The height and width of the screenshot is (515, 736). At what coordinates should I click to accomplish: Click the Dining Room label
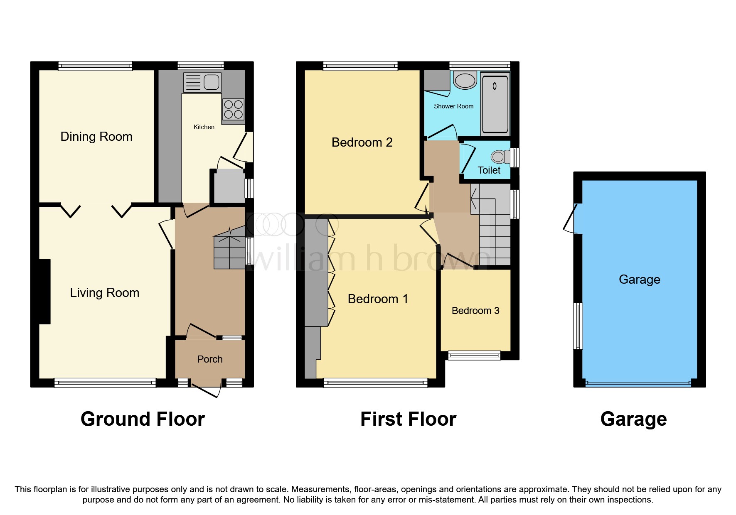pyautogui.click(x=96, y=137)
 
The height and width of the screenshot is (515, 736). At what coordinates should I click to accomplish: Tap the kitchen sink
pyautogui.click(x=202, y=82)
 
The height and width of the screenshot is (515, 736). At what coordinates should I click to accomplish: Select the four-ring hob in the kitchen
pyautogui.click(x=233, y=109)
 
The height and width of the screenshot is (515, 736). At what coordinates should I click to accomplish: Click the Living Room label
pyautogui.click(x=104, y=293)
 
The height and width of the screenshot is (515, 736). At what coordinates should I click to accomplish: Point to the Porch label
pyautogui.click(x=210, y=359)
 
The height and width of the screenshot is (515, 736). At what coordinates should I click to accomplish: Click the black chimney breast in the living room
pyautogui.click(x=44, y=292)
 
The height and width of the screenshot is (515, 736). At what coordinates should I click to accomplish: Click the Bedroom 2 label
pyautogui.click(x=362, y=142)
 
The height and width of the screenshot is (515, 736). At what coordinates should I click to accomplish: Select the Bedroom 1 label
pyautogui.click(x=378, y=299)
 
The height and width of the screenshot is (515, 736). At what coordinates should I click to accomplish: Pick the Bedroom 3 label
pyautogui.click(x=475, y=311)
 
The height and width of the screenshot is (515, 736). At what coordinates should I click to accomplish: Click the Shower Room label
pyautogui.click(x=453, y=106)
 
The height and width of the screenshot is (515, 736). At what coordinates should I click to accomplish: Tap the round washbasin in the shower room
pyautogui.click(x=465, y=81)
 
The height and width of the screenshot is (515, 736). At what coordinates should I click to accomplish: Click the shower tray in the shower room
pyautogui.click(x=495, y=103)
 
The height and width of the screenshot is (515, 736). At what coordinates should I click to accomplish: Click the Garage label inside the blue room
pyautogui.click(x=639, y=280)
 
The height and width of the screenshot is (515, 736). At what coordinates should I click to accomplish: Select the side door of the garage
pyautogui.click(x=572, y=218)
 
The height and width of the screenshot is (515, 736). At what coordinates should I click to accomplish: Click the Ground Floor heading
pyautogui.click(x=143, y=419)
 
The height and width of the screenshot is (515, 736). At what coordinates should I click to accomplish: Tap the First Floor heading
pyautogui.click(x=408, y=419)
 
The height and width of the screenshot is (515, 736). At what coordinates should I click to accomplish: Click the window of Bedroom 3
pyautogui.click(x=474, y=355)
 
